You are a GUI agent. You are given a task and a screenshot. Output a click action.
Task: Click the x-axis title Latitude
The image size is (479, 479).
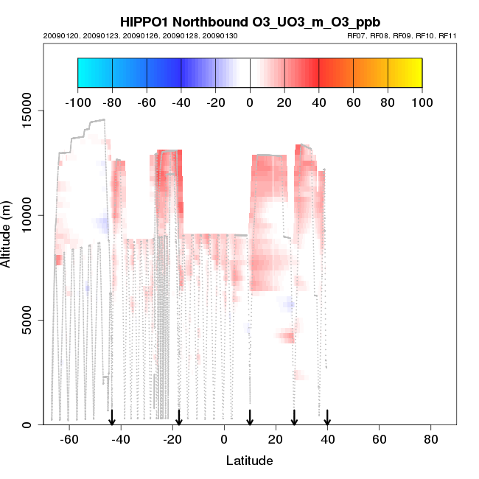tap(249, 461)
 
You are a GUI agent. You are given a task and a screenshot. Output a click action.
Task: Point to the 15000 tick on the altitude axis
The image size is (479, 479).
tap(27, 111)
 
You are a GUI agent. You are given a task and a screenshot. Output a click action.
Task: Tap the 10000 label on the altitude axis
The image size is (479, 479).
tap(27, 215)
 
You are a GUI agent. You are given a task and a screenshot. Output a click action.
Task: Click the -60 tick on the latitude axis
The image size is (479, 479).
tap(69, 439)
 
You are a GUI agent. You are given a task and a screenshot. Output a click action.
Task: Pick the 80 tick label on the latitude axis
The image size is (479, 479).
tap(431, 439)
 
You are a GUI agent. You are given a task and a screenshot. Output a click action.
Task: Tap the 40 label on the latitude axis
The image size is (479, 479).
tap(327, 439)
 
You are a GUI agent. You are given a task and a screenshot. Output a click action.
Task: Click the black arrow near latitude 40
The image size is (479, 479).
tap(327, 418)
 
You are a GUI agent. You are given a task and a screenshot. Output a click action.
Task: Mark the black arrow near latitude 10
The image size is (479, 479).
tap(250, 418)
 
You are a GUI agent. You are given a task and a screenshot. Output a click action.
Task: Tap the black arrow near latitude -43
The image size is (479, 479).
tap(112, 418)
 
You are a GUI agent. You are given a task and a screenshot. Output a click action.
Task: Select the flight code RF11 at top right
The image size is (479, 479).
tap(448, 35)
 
